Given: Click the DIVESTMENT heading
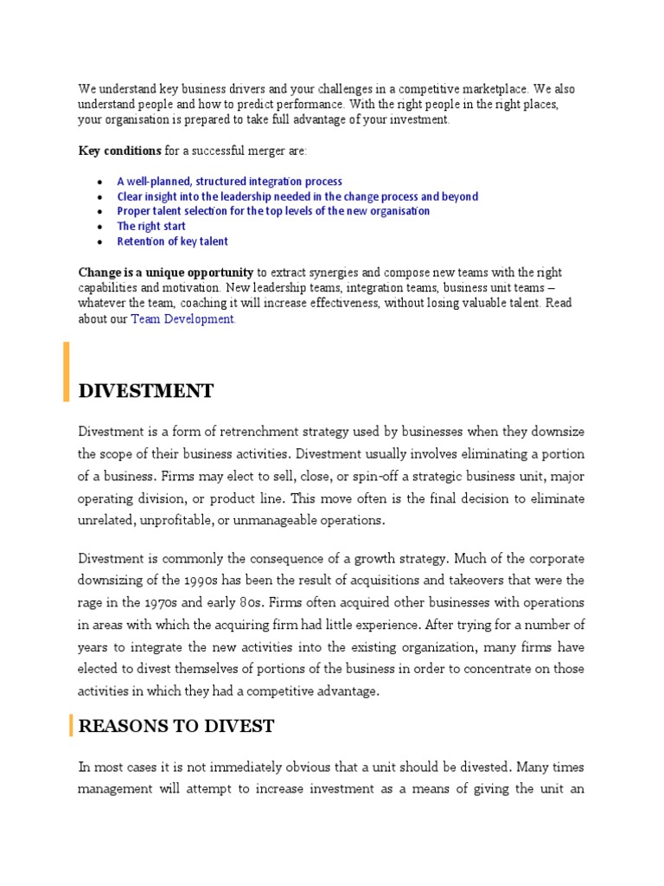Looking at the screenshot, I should (146, 391).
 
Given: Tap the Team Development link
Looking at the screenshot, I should (182, 319).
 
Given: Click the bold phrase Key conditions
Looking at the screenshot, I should (120, 151).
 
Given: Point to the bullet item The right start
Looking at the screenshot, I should (151, 227).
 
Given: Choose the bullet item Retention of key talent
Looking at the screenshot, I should (173, 241).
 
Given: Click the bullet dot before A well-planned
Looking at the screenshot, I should (100, 183).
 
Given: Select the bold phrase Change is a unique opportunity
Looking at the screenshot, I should (166, 273).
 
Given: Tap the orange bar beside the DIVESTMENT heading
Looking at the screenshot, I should (66, 372).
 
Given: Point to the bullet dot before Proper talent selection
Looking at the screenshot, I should (100, 212).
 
